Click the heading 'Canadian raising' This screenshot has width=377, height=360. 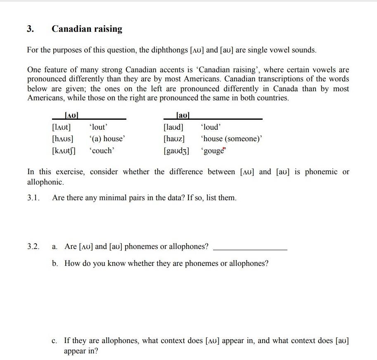tap(87, 29)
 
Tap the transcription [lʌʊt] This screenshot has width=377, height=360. tap(61, 127)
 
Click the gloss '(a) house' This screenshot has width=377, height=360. tap(107, 139)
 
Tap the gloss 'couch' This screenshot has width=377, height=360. tap(102, 151)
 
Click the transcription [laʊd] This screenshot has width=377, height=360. tap(173, 127)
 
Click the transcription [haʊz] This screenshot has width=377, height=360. tap(174, 139)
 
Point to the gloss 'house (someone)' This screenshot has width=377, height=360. tap(231, 139)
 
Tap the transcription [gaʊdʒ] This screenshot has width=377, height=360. tap(176, 151)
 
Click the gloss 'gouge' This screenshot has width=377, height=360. tap(213, 151)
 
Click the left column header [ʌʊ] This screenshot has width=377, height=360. tap(72, 116)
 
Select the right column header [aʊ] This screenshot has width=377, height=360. tap(183, 116)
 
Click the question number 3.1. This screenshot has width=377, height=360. tap(33, 198)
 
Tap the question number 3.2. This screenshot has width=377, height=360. tap(33, 246)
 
